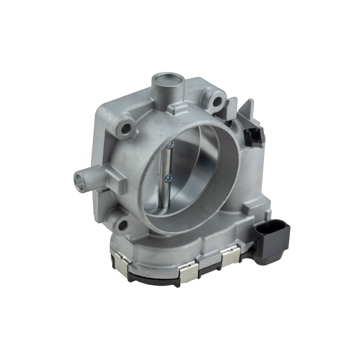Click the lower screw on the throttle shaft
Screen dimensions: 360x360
pyautogui.click(x=168, y=178)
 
